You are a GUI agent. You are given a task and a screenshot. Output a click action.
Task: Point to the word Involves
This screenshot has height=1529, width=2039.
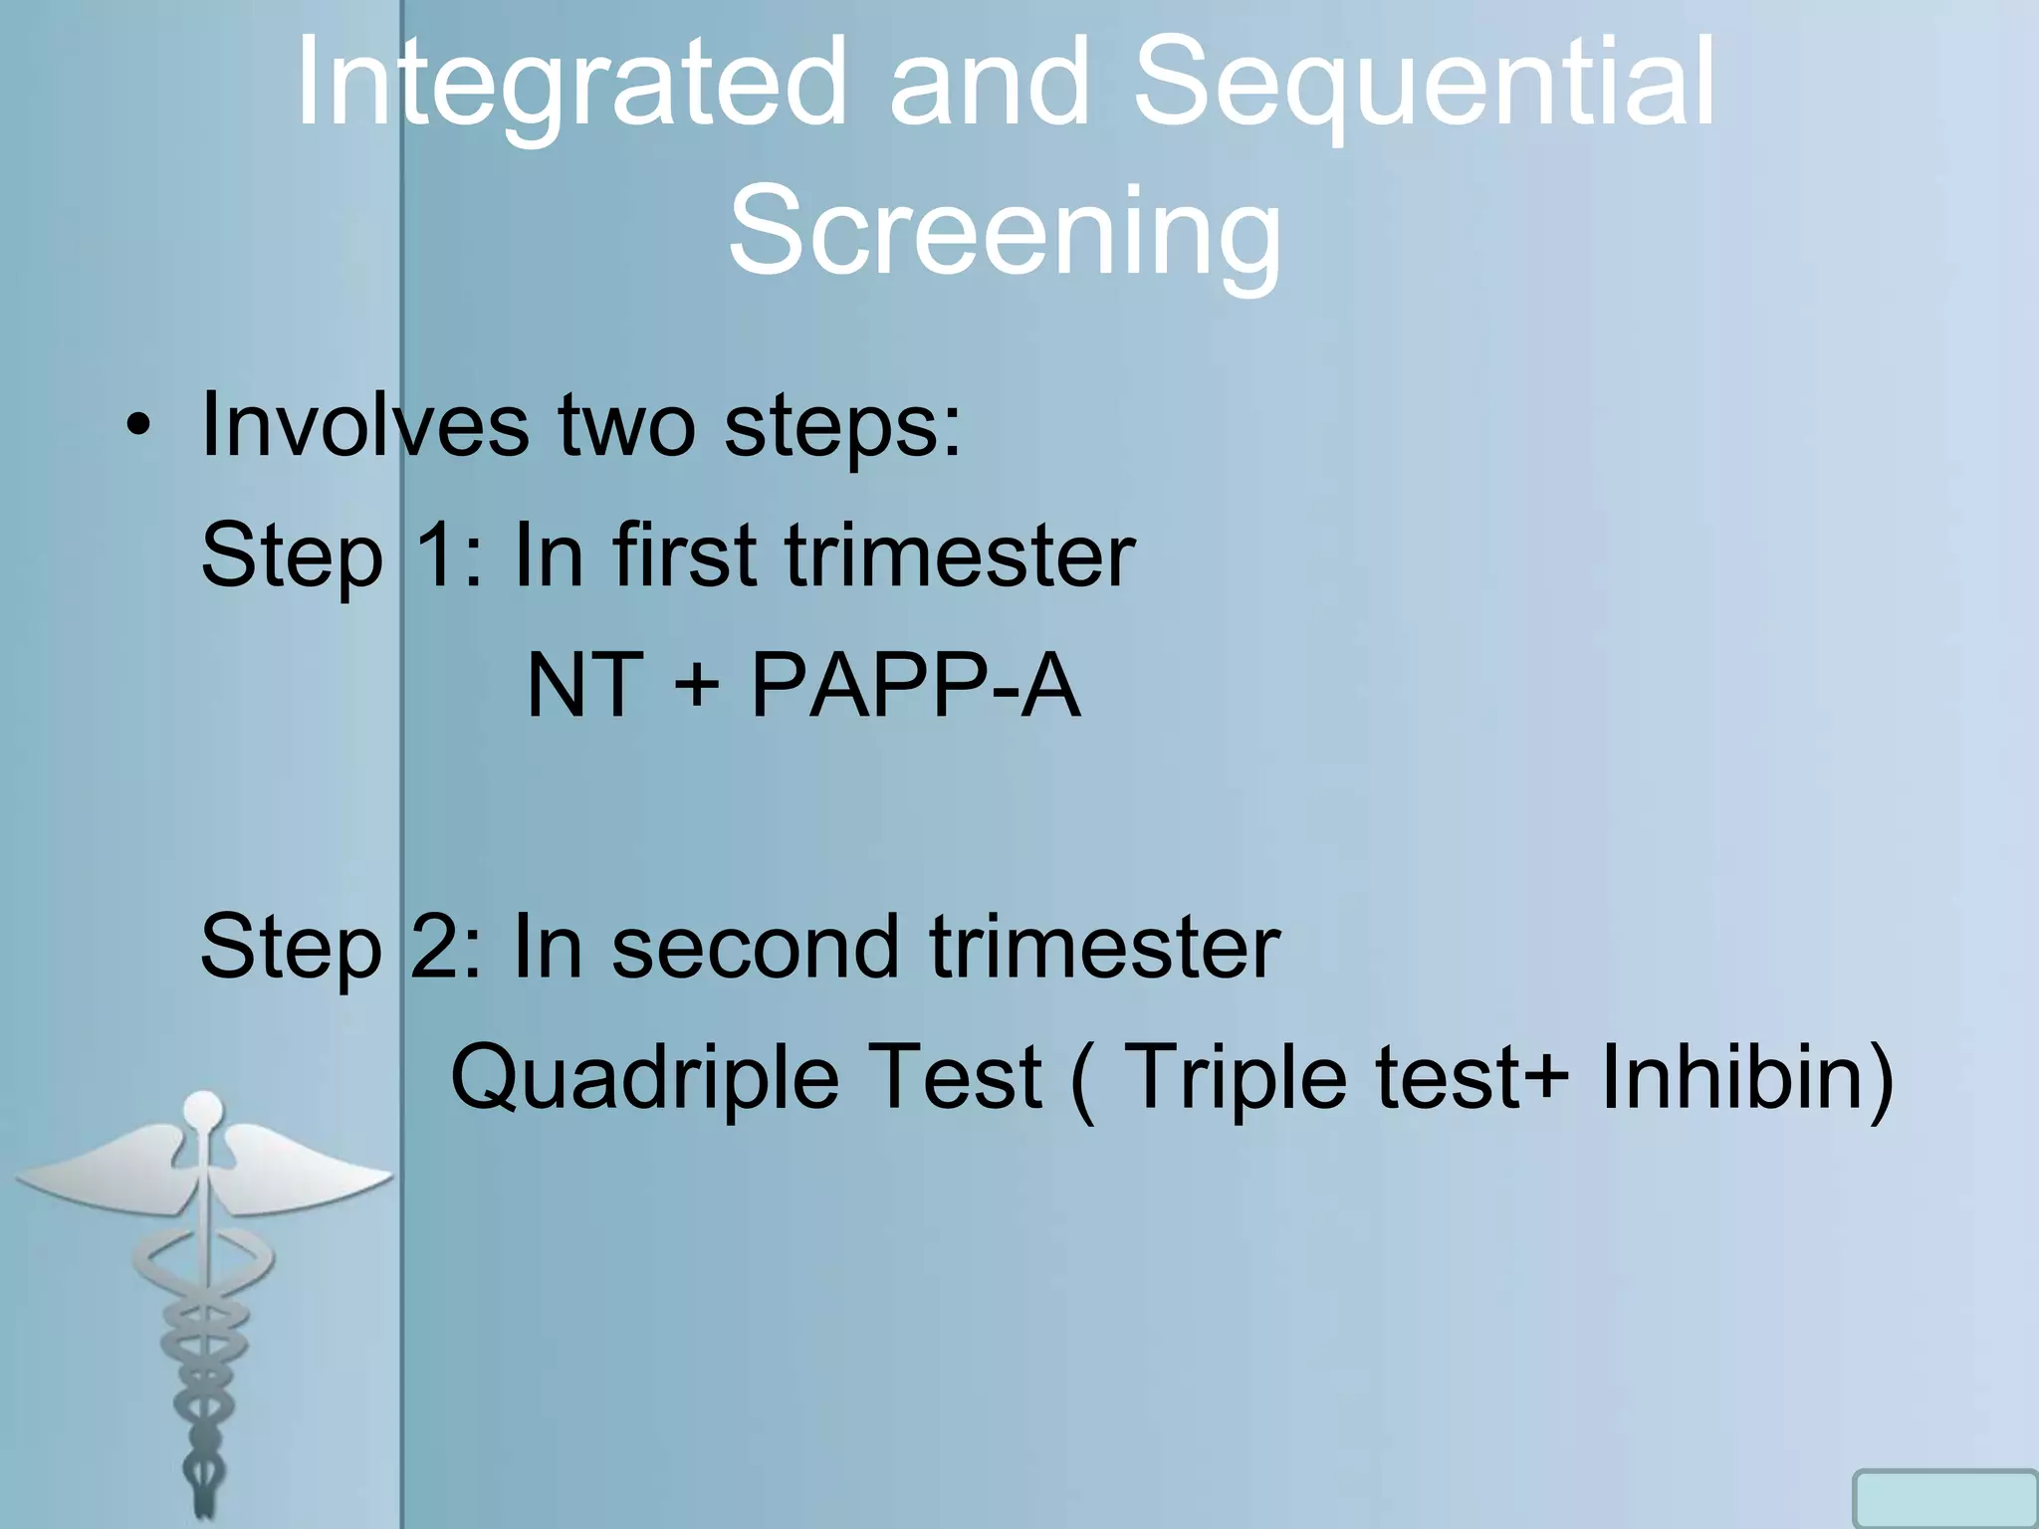click(x=364, y=426)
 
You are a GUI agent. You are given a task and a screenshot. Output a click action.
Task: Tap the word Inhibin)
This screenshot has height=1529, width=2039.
click(x=1746, y=1077)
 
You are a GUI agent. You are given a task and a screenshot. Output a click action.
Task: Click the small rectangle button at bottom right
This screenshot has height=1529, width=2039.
click(x=1943, y=1499)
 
